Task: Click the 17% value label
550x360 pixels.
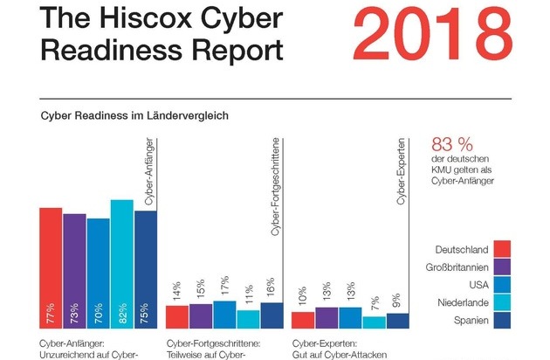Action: click(x=224, y=284)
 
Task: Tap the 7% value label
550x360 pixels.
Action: click(x=374, y=300)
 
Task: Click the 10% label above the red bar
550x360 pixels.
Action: click(x=303, y=295)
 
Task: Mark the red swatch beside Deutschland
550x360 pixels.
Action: click(x=501, y=250)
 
